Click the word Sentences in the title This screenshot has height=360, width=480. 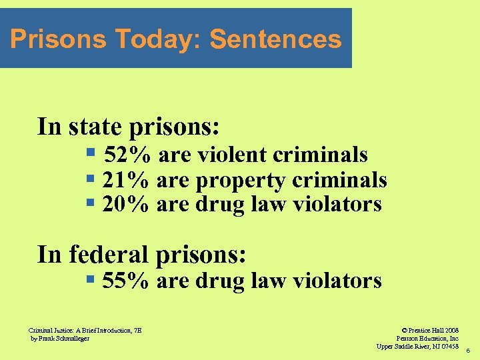pos(275,39)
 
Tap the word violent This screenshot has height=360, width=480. pos(231,155)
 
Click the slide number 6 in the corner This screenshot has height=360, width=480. pos(468,350)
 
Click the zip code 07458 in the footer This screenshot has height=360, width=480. pos(447,346)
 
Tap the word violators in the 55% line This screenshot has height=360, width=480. pos(340,281)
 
